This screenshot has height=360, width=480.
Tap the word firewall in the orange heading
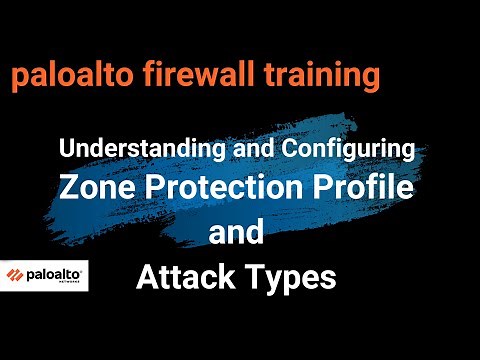197,75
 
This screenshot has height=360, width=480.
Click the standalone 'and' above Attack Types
236,232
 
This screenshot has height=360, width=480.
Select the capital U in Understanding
66,150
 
